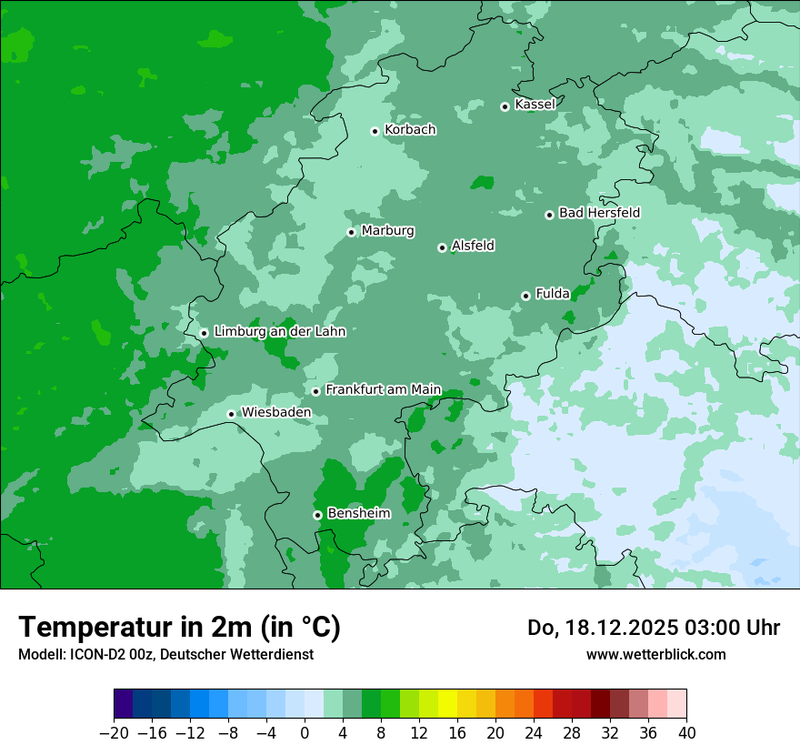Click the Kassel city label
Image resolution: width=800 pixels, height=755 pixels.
tap(535, 105)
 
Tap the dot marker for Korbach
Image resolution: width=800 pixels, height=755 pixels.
tap(375, 131)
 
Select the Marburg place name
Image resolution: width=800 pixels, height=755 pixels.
tap(387, 231)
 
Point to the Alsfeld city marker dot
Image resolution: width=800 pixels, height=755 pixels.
tap(442, 247)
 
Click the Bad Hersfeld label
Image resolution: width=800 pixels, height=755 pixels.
tap(599, 213)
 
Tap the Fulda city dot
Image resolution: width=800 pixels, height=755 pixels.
tap(525, 296)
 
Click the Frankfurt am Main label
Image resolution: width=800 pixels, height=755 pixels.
tap(383, 389)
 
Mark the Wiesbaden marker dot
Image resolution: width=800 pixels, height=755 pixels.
tap(231, 414)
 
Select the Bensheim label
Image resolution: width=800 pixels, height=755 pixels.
tap(358, 513)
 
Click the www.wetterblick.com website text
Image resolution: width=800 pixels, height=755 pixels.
tap(655, 654)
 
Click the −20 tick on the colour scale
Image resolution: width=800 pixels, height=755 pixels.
tap(115, 732)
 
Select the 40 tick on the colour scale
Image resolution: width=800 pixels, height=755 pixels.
tap(686, 732)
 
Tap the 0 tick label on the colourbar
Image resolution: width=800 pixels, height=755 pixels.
tap(305, 732)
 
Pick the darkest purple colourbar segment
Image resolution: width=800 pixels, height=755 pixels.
tap(124, 704)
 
